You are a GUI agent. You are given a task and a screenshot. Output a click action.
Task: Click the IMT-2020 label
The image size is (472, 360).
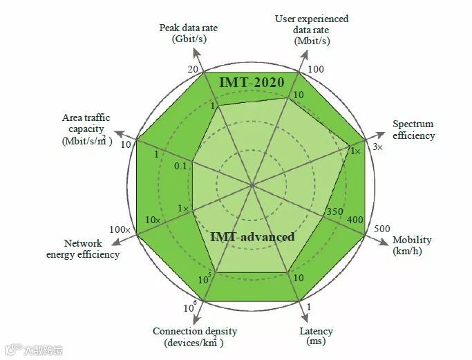pyautogui.click(x=252, y=82)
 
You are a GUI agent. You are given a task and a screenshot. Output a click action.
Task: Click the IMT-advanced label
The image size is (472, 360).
pyautogui.click(x=252, y=237)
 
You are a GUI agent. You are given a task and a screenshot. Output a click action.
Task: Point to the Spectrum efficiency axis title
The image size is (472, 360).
pyautogui.click(x=414, y=130)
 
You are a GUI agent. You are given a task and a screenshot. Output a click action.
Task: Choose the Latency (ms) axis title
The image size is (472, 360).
pyautogui.click(x=316, y=336)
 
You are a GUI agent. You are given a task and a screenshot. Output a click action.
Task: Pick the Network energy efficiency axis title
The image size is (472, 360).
pyautogui.click(x=83, y=249)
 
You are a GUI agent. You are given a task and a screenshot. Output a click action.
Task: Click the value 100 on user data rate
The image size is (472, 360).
pyautogui.click(x=315, y=70)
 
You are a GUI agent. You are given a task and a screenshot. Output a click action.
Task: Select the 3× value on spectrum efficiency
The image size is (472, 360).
pyautogui.click(x=377, y=147)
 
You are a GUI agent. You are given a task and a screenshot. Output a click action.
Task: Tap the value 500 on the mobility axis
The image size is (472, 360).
pyautogui.click(x=381, y=229)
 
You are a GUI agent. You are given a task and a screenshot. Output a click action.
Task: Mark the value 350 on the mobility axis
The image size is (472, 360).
pyautogui.click(x=334, y=211)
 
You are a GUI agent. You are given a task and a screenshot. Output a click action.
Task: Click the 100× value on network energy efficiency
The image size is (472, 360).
pyautogui.click(x=120, y=229)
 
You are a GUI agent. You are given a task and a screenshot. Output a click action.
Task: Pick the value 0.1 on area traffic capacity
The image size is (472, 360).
pyautogui.click(x=181, y=166)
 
